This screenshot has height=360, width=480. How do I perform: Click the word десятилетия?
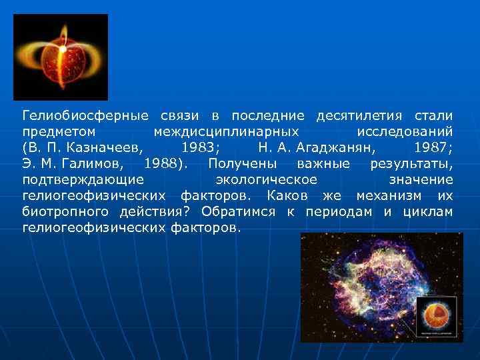pyautogui.click(x=359, y=115)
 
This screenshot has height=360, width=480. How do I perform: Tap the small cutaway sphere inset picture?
pyautogui.click(x=436, y=317)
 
